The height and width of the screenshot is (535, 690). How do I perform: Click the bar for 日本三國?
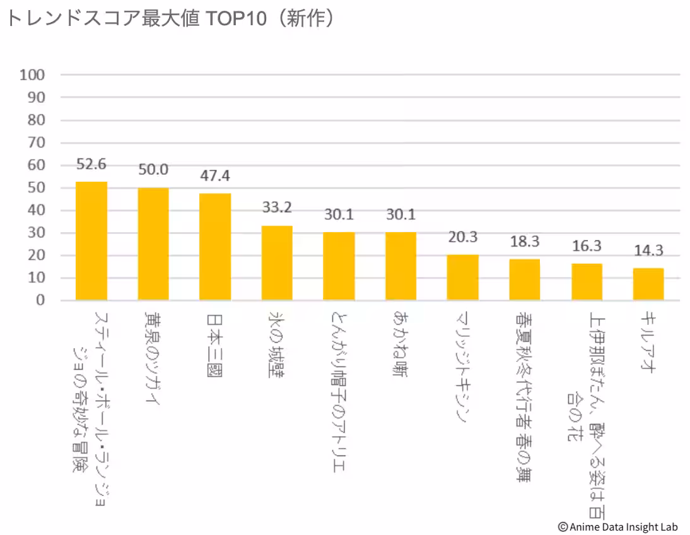click(x=215, y=247)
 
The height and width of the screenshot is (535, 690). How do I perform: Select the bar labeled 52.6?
click(x=91, y=241)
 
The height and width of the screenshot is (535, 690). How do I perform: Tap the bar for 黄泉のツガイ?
click(x=153, y=244)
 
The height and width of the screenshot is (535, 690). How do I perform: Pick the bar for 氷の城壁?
click(x=277, y=263)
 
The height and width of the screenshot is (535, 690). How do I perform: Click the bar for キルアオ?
click(x=648, y=284)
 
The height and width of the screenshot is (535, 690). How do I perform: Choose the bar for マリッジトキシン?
click(x=462, y=278)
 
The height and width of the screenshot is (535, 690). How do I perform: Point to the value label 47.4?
click(x=214, y=175)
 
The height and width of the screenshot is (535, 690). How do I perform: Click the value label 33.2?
click(x=277, y=207)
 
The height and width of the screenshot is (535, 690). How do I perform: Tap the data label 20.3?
click(x=462, y=237)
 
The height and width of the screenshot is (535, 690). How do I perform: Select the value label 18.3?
click(x=525, y=241)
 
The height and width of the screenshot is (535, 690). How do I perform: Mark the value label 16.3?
click(x=587, y=245)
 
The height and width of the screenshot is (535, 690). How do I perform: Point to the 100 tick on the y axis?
click(x=32, y=75)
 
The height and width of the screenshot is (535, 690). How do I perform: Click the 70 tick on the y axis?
click(x=36, y=143)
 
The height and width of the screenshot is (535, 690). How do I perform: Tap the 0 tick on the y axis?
click(x=40, y=300)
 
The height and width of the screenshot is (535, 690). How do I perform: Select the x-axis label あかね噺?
click(x=401, y=344)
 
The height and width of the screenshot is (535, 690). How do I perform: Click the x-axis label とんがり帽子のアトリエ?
click(x=339, y=392)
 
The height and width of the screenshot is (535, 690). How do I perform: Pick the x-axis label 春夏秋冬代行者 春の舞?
click(x=524, y=397)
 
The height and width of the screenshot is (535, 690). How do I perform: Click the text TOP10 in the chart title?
click(x=236, y=18)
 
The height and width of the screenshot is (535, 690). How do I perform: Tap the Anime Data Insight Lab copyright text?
click(x=618, y=527)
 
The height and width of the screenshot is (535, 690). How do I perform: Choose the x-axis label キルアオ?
click(x=648, y=342)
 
